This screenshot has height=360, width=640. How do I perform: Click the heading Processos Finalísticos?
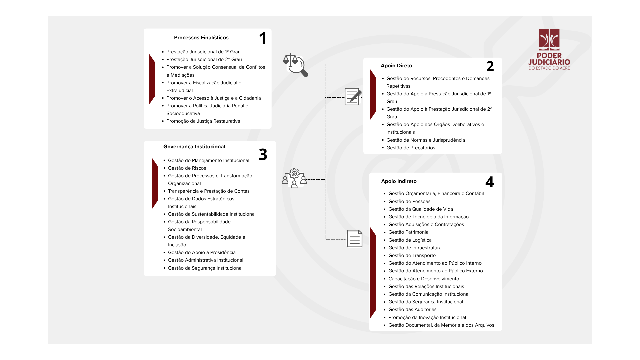[x=201, y=38]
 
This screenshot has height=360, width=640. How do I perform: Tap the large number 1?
[x=263, y=38]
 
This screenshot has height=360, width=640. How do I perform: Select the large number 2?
[x=490, y=66]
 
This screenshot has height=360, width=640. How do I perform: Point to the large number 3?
[x=263, y=154]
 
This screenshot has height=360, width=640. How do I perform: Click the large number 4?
[x=489, y=182]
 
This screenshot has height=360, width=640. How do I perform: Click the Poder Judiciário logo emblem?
[x=549, y=39]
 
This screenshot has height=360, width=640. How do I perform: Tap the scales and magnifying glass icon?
[x=295, y=65]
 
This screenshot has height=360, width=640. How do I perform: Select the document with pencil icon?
[x=353, y=97]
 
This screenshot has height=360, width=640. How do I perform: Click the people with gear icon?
[x=294, y=178]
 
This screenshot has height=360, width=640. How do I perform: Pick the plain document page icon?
[x=355, y=238]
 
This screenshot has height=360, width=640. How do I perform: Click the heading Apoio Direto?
[x=396, y=66]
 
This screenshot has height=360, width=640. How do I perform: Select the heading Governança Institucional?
[x=194, y=147]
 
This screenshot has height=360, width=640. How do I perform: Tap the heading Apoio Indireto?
[x=399, y=181]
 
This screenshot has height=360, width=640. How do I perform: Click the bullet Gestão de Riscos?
[x=187, y=168]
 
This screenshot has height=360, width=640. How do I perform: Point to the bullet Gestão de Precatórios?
[x=411, y=148]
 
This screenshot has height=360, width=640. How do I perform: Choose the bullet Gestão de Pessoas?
[x=409, y=201]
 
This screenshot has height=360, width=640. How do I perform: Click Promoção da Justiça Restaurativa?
[x=203, y=121]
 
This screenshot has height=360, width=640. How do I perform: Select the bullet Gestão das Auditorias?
[x=412, y=309]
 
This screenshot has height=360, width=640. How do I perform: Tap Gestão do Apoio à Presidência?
[x=202, y=252]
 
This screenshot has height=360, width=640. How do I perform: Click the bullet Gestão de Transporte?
[x=412, y=255]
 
